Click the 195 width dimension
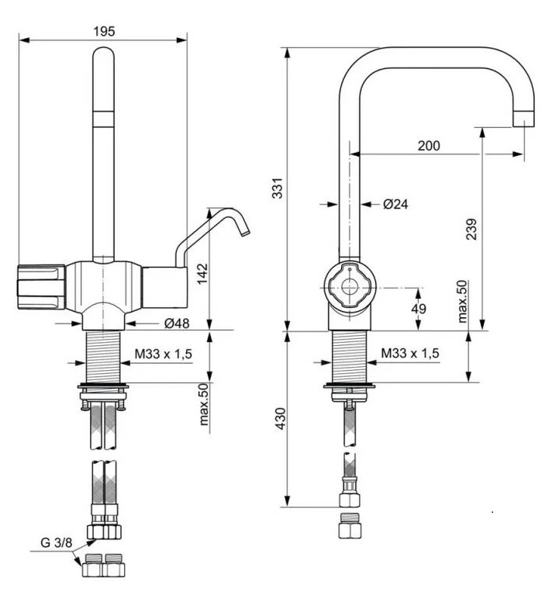click(103, 31)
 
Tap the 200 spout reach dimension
click(428, 145)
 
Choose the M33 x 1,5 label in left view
click(163, 354)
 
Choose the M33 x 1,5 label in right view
click(409, 353)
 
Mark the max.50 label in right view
click(462, 302)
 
